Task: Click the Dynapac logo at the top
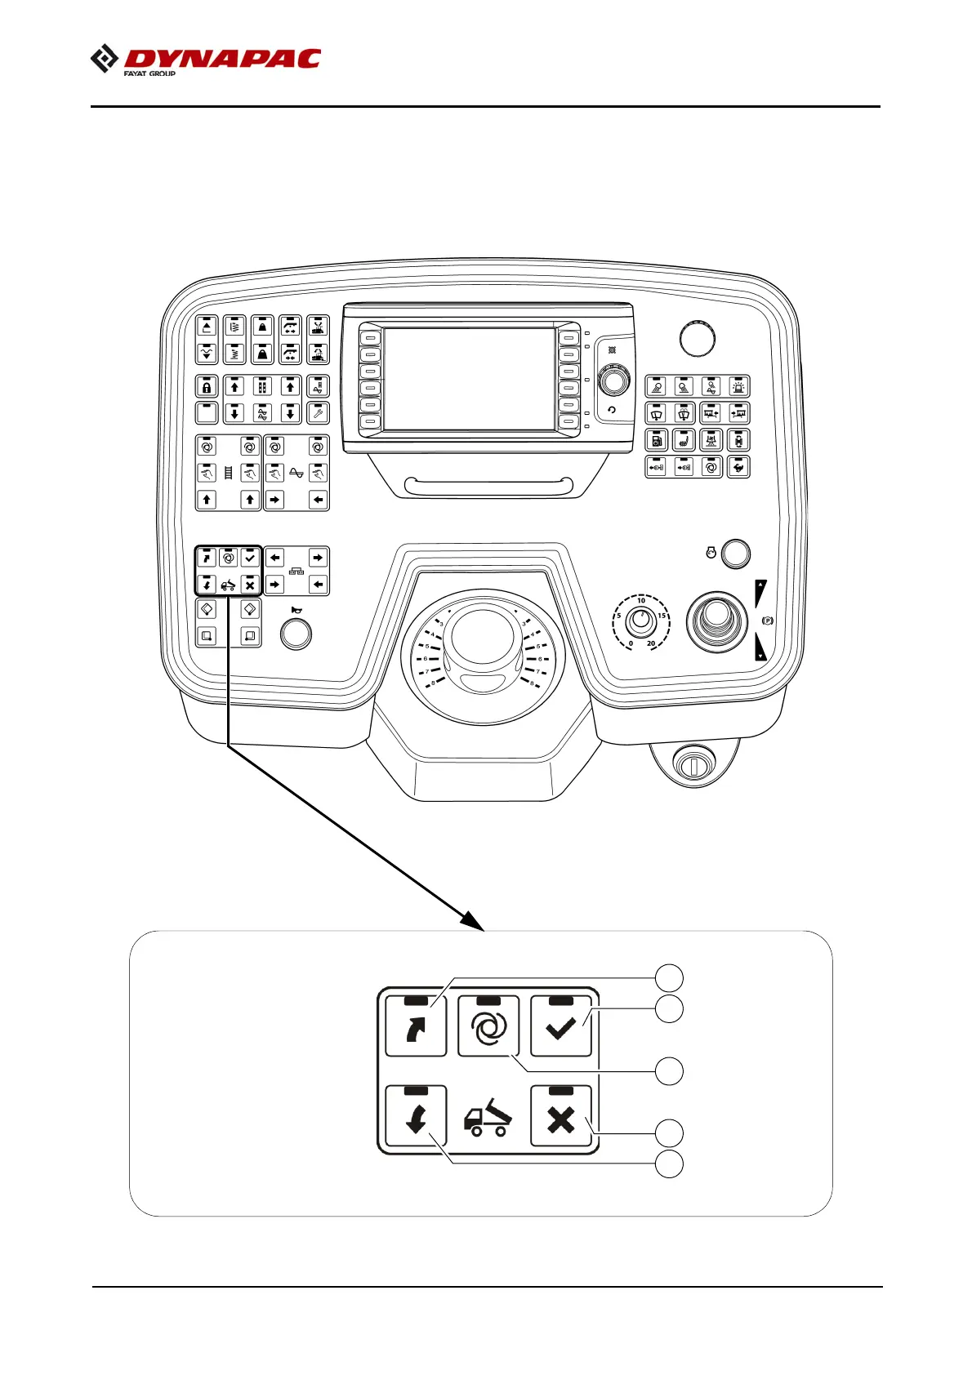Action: point(206,59)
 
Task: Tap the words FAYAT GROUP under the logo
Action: point(149,73)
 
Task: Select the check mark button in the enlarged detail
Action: point(560,1026)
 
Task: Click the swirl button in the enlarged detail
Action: point(488,1026)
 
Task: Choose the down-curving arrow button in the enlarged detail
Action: point(416,1116)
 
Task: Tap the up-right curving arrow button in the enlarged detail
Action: point(416,1026)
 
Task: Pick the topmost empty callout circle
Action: point(670,977)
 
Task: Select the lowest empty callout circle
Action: point(670,1164)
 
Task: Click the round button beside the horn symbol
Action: point(296,634)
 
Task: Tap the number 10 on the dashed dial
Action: point(641,600)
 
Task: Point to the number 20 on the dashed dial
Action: point(651,643)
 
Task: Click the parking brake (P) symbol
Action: point(767,621)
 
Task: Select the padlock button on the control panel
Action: point(207,386)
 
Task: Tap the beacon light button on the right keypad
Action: point(738,386)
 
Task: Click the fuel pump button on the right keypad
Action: point(657,440)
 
